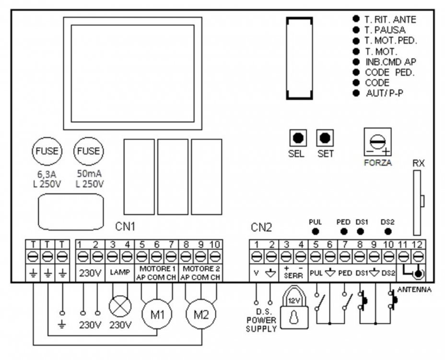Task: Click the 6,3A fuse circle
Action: [x=47, y=151]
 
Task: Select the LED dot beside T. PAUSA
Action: [x=356, y=29]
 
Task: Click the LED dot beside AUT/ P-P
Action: [x=356, y=93]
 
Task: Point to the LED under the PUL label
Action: [x=316, y=231]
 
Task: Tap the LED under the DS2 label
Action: [x=387, y=231]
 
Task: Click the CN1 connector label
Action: [x=126, y=226]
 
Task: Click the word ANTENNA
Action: [x=414, y=290]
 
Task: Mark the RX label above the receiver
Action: [x=418, y=164]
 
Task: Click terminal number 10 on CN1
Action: [x=215, y=244]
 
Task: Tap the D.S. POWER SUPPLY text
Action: [x=261, y=321]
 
